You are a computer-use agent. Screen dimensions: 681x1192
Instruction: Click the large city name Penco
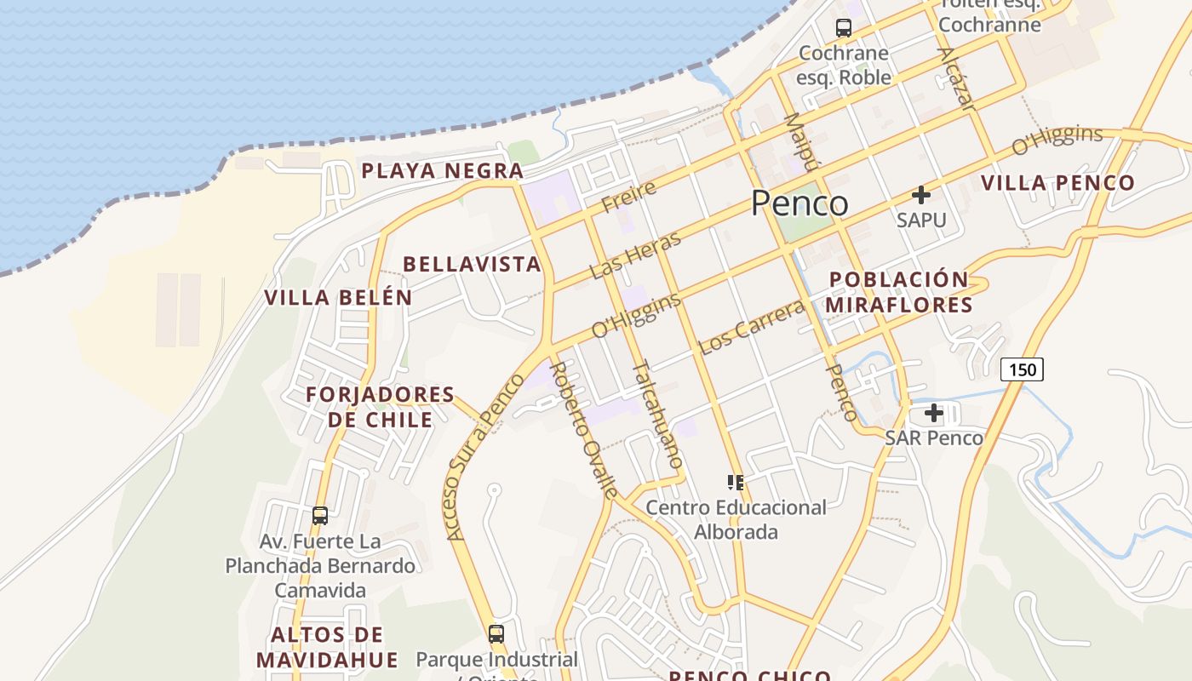point(799,203)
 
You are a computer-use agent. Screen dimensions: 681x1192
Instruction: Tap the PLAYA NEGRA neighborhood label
point(441,170)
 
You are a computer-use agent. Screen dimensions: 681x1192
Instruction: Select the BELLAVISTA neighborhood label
point(472,264)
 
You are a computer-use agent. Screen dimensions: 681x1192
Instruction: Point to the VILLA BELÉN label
point(338,298)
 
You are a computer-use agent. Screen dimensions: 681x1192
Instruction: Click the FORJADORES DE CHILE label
point(380,407)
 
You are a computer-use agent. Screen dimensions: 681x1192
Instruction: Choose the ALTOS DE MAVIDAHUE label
point(327,647)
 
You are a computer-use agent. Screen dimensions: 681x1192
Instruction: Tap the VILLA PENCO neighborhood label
point(1057,182)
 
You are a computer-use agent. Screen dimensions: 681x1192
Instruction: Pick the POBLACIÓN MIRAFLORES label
point(899,292)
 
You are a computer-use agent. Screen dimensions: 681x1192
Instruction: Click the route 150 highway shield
point(1021,369)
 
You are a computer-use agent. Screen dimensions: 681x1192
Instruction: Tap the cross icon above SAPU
point(920,195)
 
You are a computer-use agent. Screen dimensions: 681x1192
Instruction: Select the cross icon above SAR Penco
point(934,414)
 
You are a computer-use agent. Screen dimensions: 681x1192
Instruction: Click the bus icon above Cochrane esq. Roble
point(843,27)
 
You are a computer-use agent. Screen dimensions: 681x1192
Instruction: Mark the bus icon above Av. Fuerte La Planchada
point(320,515)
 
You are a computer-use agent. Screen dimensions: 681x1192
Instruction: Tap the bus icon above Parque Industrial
point(496,633)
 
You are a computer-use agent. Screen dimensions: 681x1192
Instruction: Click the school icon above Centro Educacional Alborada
point(736,483)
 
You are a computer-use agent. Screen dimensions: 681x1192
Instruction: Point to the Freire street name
point(628,197)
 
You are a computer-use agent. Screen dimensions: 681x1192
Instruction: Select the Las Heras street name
point(635,255)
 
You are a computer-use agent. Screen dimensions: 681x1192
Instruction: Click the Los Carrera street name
point(751,328)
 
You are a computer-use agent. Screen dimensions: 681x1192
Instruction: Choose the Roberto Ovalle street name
point(584,429)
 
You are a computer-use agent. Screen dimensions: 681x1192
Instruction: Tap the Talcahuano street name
point(657,415)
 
